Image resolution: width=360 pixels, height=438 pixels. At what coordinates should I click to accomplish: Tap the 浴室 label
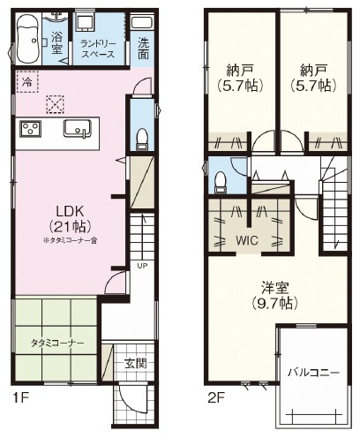click(x=56, y=42)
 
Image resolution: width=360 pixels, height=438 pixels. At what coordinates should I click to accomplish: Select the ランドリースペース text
click(x=98, y=49)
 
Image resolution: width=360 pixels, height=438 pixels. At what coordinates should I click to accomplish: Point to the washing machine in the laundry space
click(x=85, y=21)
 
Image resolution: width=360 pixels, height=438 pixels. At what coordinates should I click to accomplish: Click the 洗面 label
click(x=143, y=49)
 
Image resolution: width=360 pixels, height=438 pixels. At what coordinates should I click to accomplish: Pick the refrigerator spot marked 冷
click(x=27, y=82)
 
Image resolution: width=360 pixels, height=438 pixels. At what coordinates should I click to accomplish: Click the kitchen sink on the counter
click(x=78, y=129)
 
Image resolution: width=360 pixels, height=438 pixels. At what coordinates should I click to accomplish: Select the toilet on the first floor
click(x=142, y=139)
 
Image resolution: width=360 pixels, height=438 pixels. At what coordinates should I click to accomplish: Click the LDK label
click(x=71, y=211)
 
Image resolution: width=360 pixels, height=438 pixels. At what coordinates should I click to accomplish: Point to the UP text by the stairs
click(x=142, y=265)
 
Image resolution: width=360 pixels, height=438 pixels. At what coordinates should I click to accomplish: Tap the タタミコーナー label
click(x=57, y=343)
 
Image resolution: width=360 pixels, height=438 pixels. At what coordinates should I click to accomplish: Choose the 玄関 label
click(x=135, y=364)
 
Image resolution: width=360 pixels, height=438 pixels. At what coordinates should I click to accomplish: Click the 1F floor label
click(x=20, y=398)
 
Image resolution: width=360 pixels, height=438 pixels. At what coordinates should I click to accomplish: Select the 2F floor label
click(x=216, y=398)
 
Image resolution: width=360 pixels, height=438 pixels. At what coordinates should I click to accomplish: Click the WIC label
click(x=247, y=240)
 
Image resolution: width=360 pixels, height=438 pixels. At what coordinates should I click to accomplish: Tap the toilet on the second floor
click(x=221, y=183)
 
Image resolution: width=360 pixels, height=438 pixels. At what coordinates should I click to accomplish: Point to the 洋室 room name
click(x=274, y=287)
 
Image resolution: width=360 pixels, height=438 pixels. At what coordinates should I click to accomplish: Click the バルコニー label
click(x=313, y=373)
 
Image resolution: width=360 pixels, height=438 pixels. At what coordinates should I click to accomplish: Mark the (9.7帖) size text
click(x=274, y=303)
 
